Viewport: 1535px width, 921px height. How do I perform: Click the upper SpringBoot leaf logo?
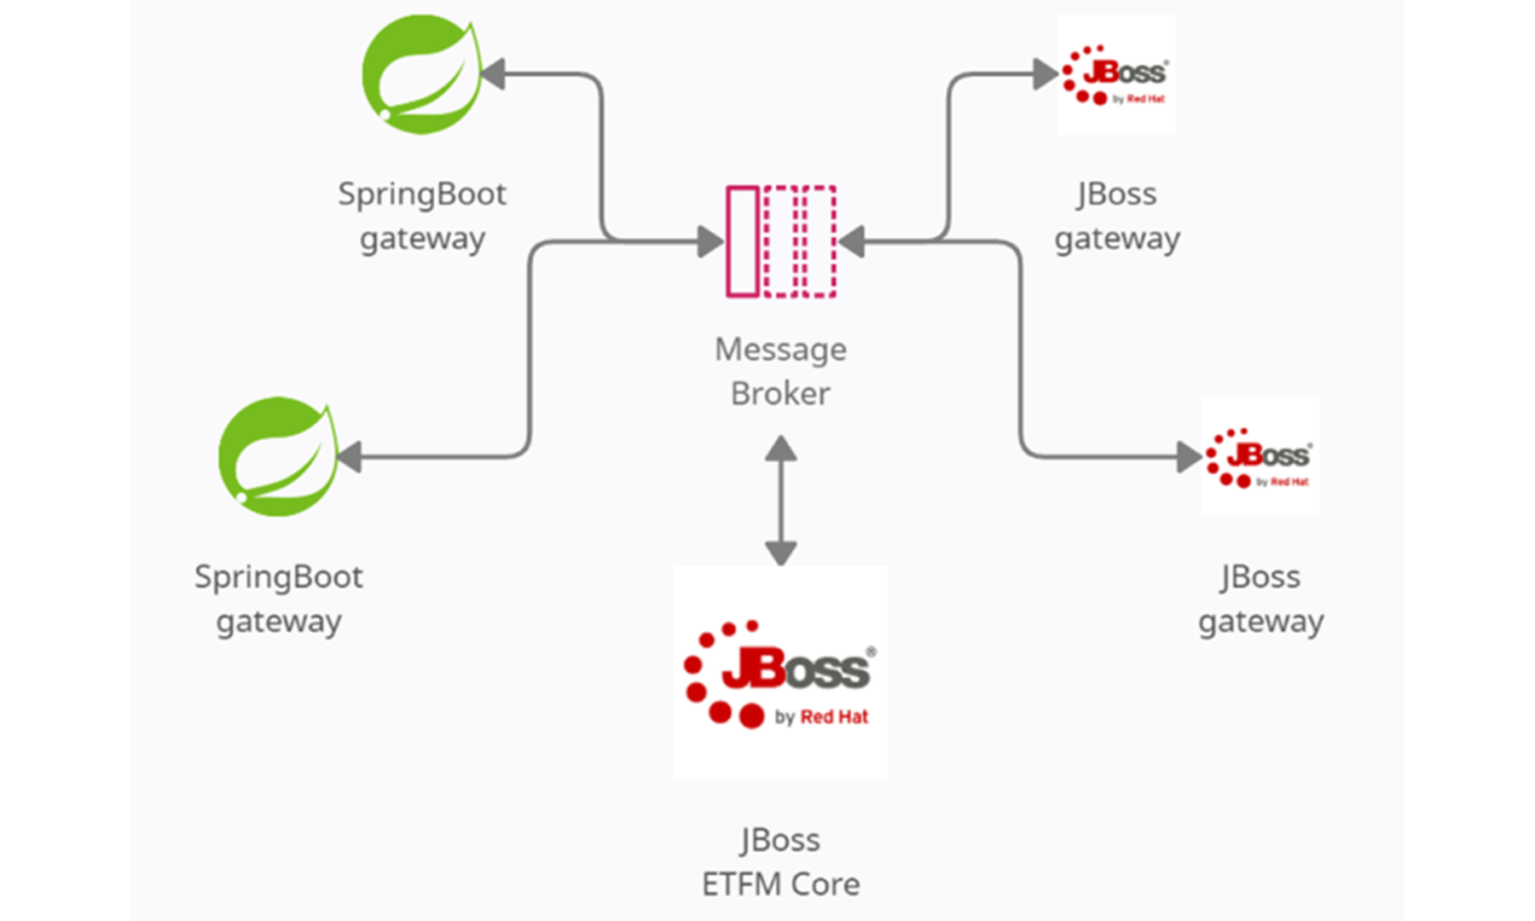coord(421,74)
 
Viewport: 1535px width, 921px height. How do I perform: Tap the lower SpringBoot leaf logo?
coord(278,457)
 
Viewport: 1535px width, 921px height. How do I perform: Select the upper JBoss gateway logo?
coord(1115,74)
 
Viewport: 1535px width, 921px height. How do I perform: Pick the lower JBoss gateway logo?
coord(1260,457)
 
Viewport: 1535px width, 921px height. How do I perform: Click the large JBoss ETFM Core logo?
coord(780,673)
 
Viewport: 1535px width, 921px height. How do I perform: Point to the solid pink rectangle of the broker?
coord(743,241)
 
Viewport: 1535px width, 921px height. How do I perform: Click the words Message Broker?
coord(780,372)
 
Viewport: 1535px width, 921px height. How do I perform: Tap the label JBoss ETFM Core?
coord(780,862)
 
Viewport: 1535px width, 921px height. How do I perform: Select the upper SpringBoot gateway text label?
coord(422,216)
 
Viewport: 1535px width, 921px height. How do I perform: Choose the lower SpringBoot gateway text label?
coord(279,599)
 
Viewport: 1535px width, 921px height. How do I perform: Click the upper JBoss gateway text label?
coord(1117,216)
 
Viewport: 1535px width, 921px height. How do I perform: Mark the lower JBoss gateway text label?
coord(1260,599)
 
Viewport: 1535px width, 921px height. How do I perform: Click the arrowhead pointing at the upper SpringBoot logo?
coord(494,74)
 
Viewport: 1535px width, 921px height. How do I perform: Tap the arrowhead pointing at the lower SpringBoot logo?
coord(350,457)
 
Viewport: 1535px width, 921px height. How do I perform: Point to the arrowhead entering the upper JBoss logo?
coord(1045,74)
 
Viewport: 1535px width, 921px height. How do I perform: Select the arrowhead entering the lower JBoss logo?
coord(1189,457)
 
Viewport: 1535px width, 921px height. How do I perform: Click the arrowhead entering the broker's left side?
coord(710,241)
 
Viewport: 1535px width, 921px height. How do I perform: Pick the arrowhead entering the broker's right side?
coord(852,241)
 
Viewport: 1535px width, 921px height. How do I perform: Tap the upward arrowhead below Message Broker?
coord(780,449)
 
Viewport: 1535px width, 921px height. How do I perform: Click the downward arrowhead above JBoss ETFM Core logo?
coord(780,553)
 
